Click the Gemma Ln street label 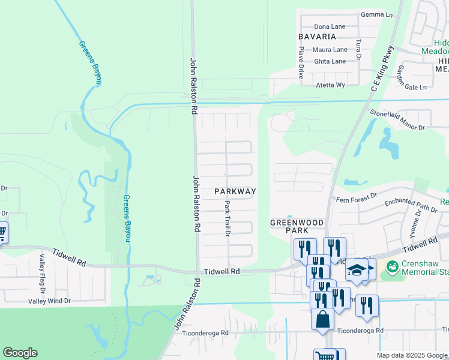(376, 14)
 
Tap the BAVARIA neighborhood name (316, 37)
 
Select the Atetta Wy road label (331, 85)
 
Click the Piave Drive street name (301, 65)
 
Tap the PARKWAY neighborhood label (235, 191)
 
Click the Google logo (20, 353)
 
